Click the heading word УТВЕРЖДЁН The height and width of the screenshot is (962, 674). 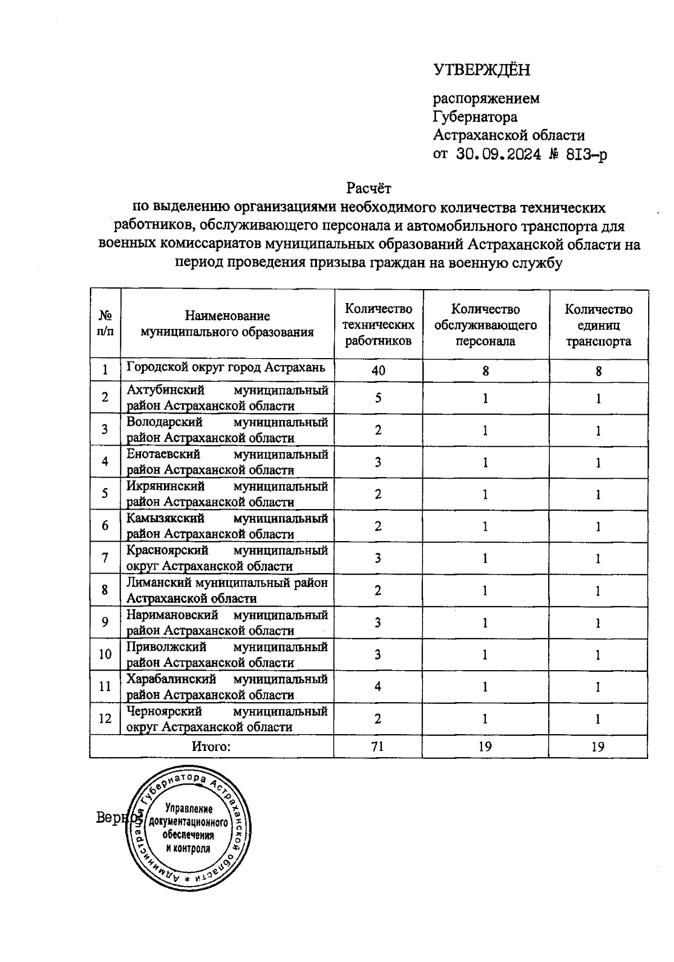point(481,70)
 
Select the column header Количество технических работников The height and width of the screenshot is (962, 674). point(378,325)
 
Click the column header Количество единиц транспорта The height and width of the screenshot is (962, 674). point(598,325)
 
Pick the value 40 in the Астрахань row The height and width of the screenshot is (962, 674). point(378,371)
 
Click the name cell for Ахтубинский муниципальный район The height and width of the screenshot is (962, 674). point(227,398)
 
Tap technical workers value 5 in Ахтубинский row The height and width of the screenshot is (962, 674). point(378,398)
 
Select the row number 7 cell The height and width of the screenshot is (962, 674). point(105,558)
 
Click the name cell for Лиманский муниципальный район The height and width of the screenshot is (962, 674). point(227,590)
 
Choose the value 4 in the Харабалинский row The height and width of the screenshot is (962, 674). point(378,686)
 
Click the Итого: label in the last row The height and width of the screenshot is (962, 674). point(211,746)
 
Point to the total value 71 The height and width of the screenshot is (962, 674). point(378,746)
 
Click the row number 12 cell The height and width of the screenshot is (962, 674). point(105,718)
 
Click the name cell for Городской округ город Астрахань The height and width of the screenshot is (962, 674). point(226,368)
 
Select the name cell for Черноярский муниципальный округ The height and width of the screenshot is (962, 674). point(227,719)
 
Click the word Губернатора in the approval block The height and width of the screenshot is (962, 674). point(475,117)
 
